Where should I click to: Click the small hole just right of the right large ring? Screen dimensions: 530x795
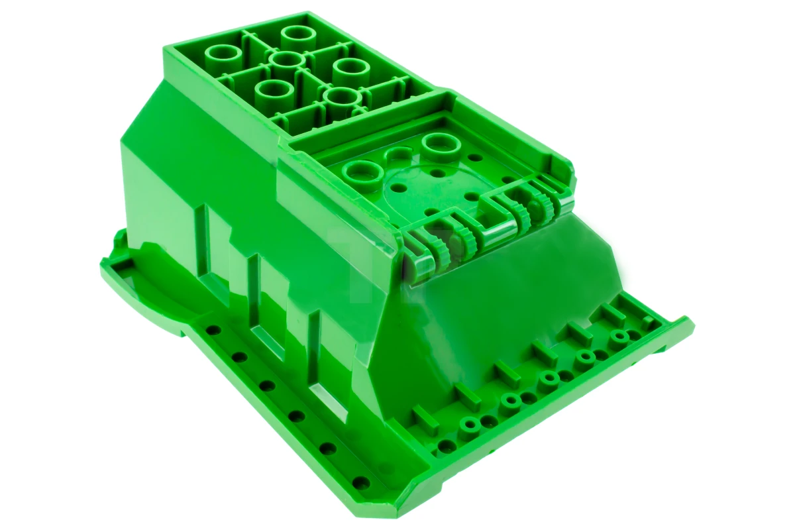[x=474, y=158]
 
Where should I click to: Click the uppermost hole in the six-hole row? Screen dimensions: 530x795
[x=212, y=329]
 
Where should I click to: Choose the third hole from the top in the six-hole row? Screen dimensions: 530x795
[x=267, y=386]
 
